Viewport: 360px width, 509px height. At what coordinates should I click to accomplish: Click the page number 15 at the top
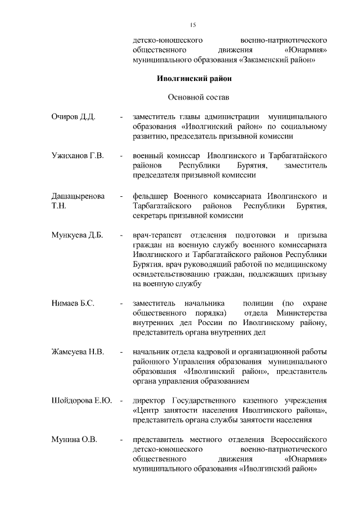click(x=192, y=25)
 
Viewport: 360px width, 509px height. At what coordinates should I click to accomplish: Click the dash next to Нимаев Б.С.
click(x=121, y=303)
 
